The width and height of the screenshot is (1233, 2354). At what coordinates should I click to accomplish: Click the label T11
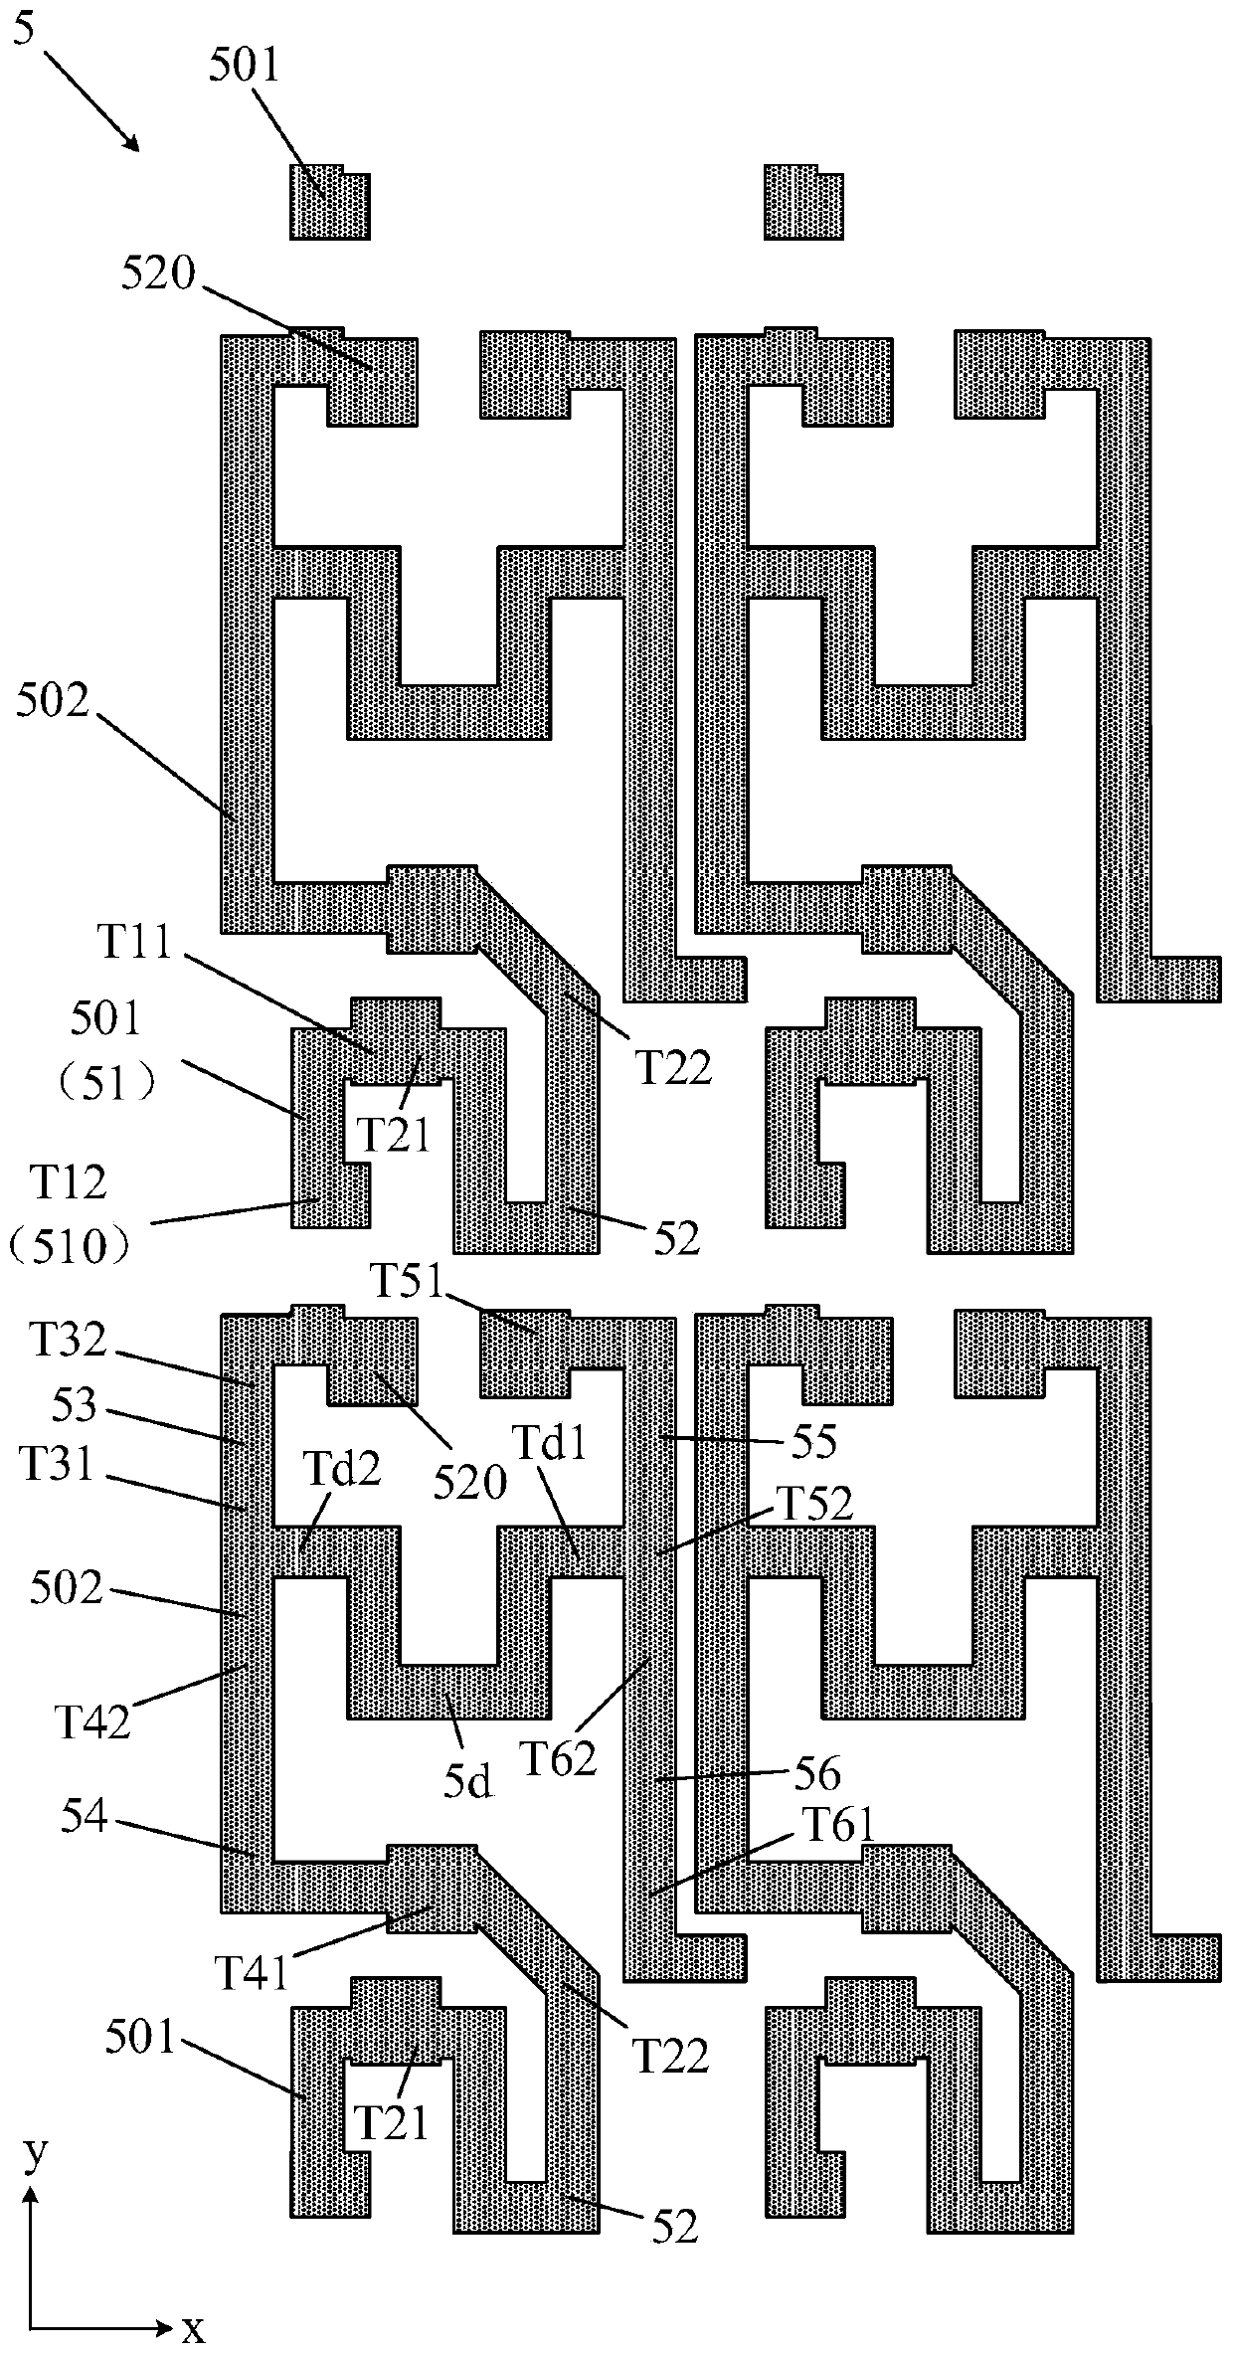tap(136, 944)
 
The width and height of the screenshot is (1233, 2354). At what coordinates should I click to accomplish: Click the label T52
tap(812, 1504)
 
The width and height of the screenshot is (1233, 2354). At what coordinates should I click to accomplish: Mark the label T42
tap(92, 1720)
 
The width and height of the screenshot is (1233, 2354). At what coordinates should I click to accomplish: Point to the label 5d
tap(467, 1783)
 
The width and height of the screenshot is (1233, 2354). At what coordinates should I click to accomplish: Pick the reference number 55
tap(814, 1442)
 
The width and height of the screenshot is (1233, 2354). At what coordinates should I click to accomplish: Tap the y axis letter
tap(35, 2154)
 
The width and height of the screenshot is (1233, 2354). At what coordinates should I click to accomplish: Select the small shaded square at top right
tap(803, 203)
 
